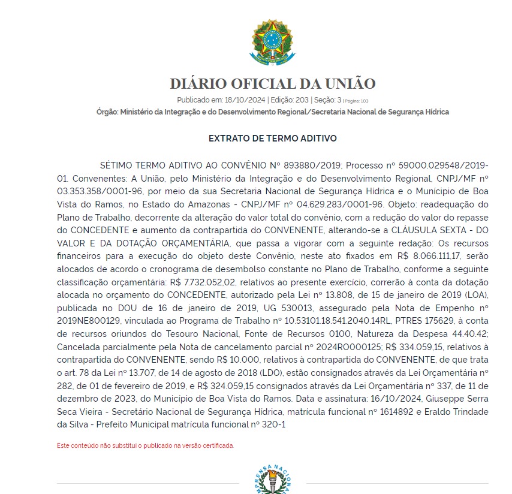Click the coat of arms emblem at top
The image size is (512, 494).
(272, 43)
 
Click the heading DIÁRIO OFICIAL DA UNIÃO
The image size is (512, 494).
(272, 84)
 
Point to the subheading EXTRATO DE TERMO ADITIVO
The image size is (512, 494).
(272, 138)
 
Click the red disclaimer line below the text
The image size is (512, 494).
(145, 445)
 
